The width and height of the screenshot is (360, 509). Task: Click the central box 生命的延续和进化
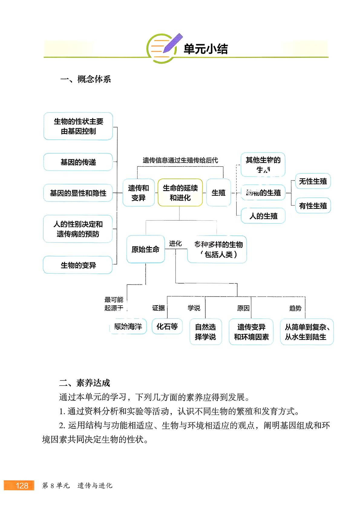[180, 193]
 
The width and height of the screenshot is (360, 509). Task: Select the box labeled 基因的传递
[78, 162]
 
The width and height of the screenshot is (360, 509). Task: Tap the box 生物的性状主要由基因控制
[78, 126]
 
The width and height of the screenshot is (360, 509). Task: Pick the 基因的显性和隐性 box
[78, 193]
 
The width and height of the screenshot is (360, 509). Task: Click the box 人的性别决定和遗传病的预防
[78, 229]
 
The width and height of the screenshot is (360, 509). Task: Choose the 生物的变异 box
[78, 265]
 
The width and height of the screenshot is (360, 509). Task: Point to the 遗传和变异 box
[139, 193]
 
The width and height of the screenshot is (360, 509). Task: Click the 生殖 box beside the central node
[218, 193]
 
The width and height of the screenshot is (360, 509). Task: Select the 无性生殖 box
[313, 181]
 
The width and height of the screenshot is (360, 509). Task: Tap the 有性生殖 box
[313, 206]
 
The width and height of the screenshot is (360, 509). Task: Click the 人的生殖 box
[263, 216]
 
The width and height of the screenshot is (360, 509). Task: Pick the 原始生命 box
[146, 249]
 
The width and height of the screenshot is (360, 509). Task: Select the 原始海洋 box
[128, 327]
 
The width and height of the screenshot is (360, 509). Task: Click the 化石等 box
[167, 327]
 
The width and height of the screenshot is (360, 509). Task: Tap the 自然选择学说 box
[205, 332]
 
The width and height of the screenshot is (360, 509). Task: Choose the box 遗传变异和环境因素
[251, 332]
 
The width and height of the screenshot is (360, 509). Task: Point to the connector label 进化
[175, 244]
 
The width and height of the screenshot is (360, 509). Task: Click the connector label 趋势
[295, 308]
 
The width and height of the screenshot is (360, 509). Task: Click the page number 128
[21, 485]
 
